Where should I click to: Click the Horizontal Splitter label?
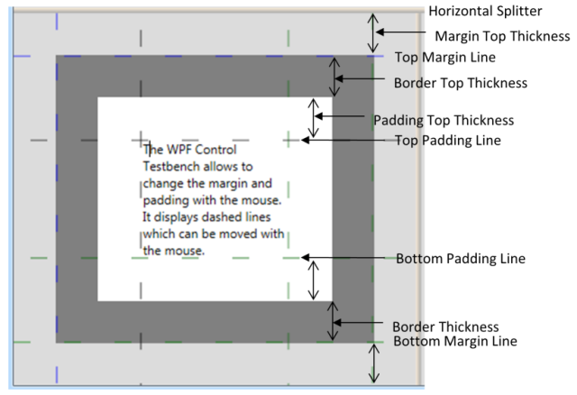click(x=485, y=12)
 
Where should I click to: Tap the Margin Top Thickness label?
click(x=502, y=36)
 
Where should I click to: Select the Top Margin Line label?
click(x=445, y=58)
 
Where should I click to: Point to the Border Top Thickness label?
click(x=461, y=83)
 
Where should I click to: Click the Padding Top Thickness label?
click(x=444, y=120)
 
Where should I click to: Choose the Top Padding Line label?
click(x=448, y=141)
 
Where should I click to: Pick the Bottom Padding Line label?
click(x=461, y=259)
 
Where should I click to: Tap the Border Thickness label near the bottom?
click(x=445, y=326)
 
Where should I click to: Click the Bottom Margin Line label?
click(x=455, y=341)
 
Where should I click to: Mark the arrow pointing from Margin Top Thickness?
click(x=400, y=32)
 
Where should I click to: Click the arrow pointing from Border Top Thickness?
click(x=360, y=78)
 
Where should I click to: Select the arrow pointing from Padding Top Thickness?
click(x=340, y=116)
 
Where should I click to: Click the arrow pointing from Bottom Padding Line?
click(x=343, y=257)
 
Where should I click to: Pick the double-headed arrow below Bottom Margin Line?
click(x=374, y=363)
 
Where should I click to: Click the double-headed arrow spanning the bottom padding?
click(x=313, y=280)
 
